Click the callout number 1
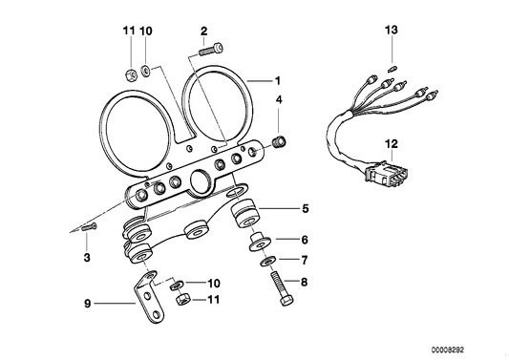point(278,81)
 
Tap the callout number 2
point(203,32)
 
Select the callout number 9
point(87,305)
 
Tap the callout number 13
point(391,32)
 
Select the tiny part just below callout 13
point(392,66)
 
